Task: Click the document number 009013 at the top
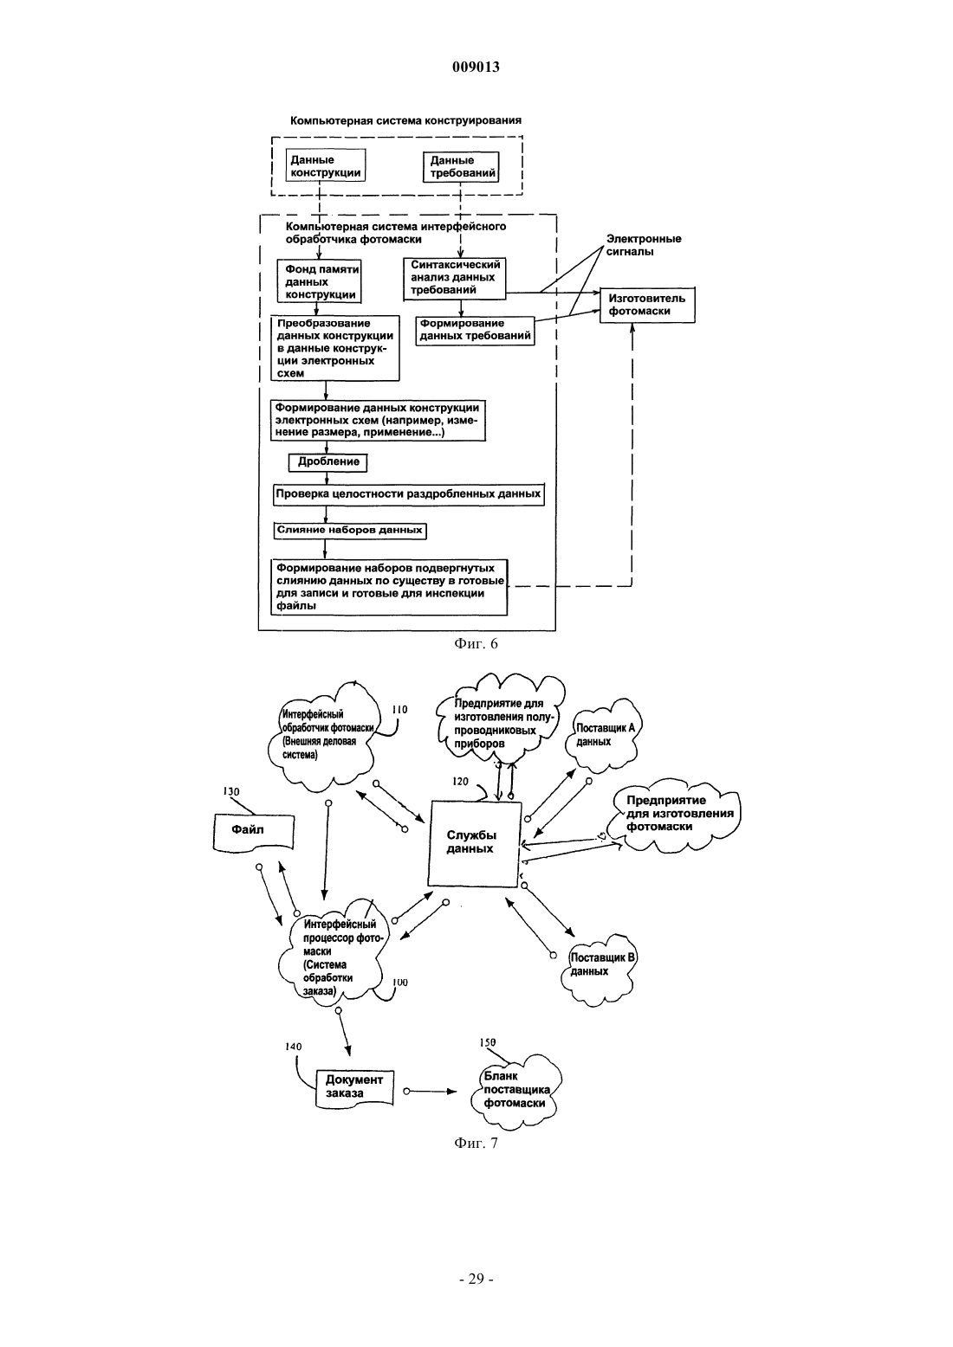476,67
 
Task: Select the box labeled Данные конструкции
326,164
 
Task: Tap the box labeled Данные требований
463,166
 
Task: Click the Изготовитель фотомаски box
647,304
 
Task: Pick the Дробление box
327,461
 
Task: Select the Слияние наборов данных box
349,531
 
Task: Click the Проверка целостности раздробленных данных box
409,494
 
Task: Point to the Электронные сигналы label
643,245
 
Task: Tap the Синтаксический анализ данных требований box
454,279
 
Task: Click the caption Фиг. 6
476,643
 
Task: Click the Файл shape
253,832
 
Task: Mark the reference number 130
231,792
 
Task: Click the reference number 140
294,1047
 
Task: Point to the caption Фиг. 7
476,1143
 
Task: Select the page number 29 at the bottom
476,1279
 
